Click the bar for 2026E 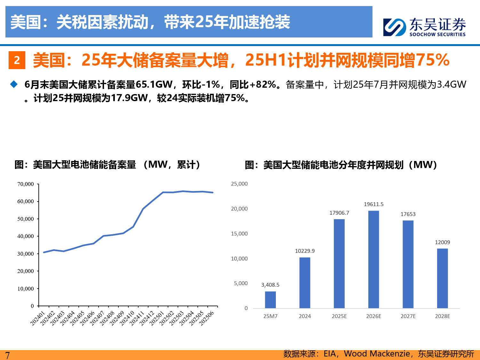[x=373, y=259]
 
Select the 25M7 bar [x=270, y=300]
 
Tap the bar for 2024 [x=305, y=283]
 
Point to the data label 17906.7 [x=339, y=213]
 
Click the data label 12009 [x=442, y=242]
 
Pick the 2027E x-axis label [x=408, y=316]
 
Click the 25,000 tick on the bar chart [x=239, y=184]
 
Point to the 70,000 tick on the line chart [x=26, y=184]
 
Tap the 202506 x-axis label [x=206, y=319]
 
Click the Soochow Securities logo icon [x=395, y=27]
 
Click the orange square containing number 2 [x=17, y=60]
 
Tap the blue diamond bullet [x=14, y=84]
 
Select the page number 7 [x=7, y=355]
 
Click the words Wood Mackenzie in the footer [x=377, y=354]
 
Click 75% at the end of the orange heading [x=434, y=60]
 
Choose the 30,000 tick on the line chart [x=26, y=254]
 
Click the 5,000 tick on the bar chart [x=241, y=283]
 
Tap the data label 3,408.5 [x=270, y=285]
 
